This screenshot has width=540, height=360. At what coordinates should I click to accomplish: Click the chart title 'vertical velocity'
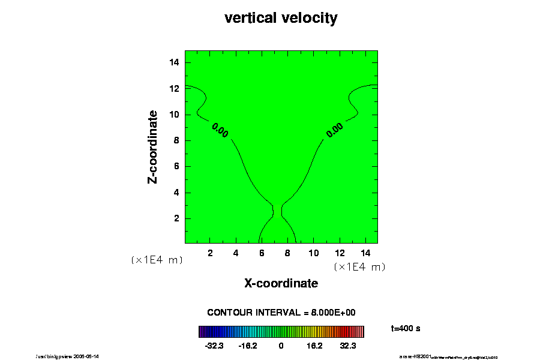click(x=281, y=18)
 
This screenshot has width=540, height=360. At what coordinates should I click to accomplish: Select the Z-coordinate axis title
click(x=153, y=146)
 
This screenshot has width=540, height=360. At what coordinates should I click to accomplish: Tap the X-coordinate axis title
click(x=281, y=283)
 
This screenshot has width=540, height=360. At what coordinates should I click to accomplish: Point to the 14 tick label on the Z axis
click(x=176, y=62)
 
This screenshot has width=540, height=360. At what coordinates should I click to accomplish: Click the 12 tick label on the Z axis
click(x=176, y=88)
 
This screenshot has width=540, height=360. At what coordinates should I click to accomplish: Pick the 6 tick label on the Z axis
click(x=178, y=166)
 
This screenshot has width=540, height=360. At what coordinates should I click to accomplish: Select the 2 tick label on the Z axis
click(x=178, y=218)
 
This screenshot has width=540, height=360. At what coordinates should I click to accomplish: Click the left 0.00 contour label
click(x=220, y=130)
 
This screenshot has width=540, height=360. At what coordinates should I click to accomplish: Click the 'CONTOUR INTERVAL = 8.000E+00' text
click(x=281, y=313)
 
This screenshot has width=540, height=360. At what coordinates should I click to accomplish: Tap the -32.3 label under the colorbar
click(x=214, y=346)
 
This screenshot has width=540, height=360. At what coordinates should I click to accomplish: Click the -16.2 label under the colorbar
click(x=247, y=346)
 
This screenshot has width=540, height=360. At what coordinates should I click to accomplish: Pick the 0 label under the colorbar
click(x=281, y=346)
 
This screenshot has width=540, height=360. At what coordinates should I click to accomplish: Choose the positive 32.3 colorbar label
click(x=348, y=346)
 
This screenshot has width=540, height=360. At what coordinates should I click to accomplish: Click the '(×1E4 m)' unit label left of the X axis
click(x=157, y=260)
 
